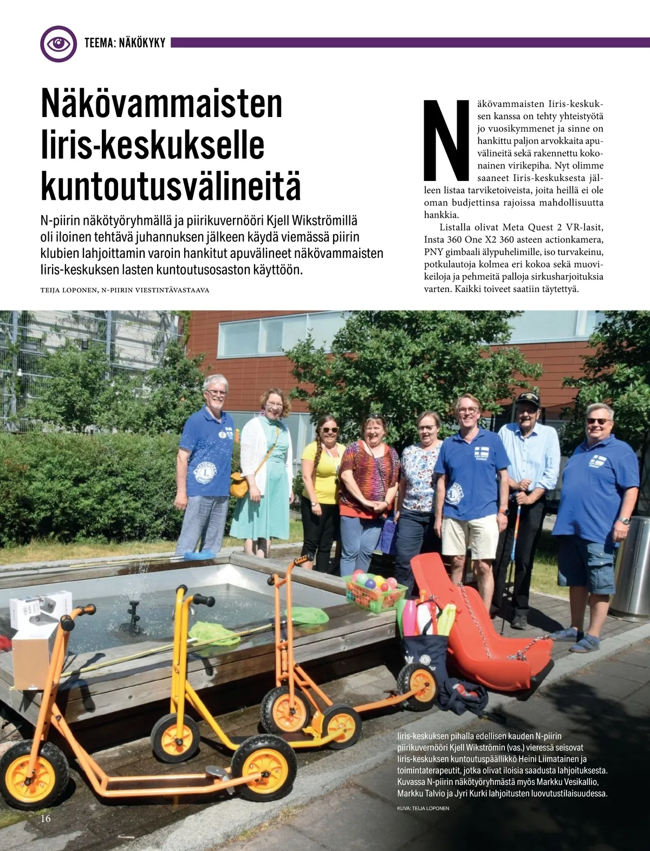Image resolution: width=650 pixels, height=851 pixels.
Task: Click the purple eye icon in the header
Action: [x=58, y=43]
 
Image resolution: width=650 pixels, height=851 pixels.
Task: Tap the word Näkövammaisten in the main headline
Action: [x=161, y=103]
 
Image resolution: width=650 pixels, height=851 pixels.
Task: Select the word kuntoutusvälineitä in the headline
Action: [x=171, y=186]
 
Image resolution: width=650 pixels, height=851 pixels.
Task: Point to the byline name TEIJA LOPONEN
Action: [x=69, y=290]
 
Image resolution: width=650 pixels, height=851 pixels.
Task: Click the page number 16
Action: [x=45, y=818]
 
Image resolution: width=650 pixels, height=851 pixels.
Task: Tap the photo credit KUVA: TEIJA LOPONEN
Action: [x=422, y=808]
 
